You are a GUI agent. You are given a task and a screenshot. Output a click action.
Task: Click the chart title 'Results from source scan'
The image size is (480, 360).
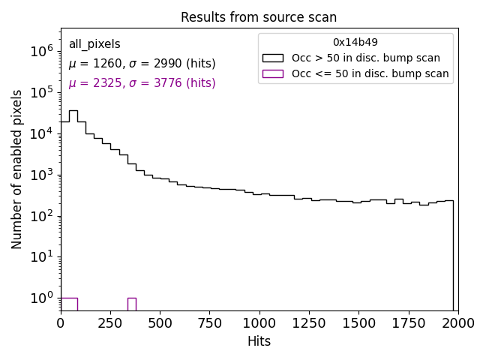[259, 17]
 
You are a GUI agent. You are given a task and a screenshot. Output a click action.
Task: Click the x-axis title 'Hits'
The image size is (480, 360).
[259, 341]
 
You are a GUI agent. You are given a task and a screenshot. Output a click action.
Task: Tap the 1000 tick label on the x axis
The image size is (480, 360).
[259, 323]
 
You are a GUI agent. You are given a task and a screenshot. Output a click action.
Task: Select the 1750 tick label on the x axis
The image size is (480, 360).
[408, 323]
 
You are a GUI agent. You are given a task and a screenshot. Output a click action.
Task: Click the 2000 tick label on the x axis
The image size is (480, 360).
[457, 323]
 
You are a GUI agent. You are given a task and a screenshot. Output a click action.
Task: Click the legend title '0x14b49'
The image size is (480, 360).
[355, 42]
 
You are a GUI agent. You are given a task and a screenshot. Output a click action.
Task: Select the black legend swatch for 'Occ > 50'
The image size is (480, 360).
[273, 58]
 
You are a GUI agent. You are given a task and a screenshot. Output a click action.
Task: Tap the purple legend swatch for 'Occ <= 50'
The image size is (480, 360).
[273, 73]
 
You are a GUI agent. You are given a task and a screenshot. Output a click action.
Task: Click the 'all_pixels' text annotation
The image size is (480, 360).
[94, 44]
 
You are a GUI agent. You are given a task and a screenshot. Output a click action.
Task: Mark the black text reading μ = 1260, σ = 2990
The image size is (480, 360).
[142, 64]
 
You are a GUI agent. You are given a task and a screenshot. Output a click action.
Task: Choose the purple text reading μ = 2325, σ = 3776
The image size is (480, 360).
[142, 83]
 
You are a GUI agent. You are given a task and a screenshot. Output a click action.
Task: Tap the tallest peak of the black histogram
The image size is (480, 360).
[73, 111]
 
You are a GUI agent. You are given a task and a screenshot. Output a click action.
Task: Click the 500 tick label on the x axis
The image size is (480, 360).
[160, 323]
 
